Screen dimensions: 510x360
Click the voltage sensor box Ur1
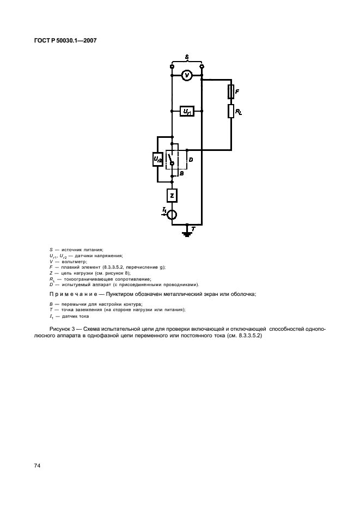(x=187, y=111)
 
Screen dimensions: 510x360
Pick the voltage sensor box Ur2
(x=157, y=159)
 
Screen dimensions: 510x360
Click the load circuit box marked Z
(x=172, y=195)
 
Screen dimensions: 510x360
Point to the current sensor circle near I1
(x=172, y=214)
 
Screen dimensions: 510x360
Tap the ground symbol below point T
(x=187, y=233)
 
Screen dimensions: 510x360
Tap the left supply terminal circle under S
(x=172, y=66)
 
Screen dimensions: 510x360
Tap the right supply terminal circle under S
(x=202, y=66)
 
